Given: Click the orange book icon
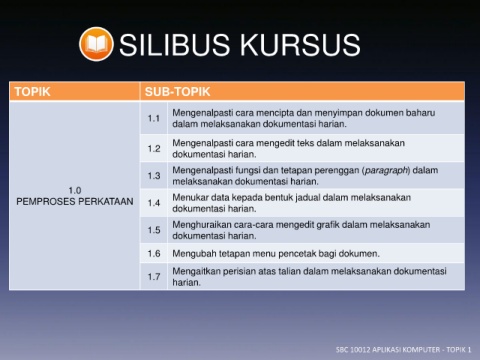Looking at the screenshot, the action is [x=96, y=44].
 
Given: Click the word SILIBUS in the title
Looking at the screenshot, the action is [x=174, y=45].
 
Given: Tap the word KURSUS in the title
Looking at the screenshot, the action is [x=300, y=45].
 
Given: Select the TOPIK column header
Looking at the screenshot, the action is [x=32, y=92].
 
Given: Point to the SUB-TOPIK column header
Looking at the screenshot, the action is [x=177, y=92].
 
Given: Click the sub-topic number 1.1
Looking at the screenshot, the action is [x=154, y=118].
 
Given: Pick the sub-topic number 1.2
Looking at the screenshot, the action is [x=154, y=149].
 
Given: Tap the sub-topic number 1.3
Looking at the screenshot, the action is [x=154, y=176].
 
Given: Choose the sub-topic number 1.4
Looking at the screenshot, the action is [x=154, y=203].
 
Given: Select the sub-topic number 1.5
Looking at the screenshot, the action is [x=154, y=230].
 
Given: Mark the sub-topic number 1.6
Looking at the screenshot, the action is [x=154, y=254].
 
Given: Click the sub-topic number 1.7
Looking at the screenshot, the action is [x=154, y=277].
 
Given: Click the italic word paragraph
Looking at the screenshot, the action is [x=386, y=171].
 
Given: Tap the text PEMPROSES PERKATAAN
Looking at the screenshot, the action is [x=75, y=201].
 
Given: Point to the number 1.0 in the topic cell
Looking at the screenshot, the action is [x=75, y=190].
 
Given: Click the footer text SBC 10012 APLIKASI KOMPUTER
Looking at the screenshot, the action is [x=388, y=350].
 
